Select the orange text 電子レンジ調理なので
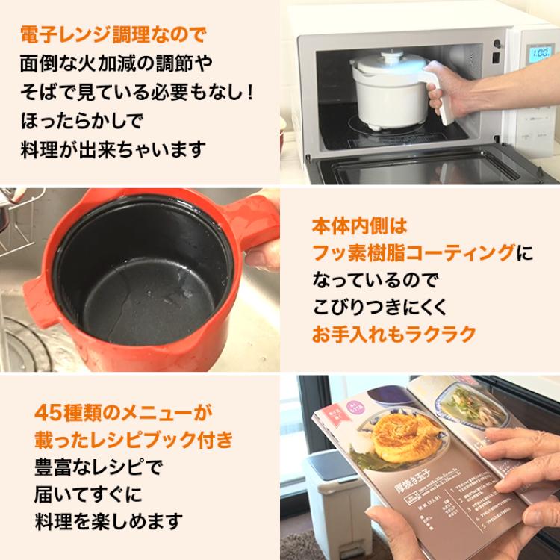[x=112, y=34]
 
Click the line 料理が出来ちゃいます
[x=112, y=149]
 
